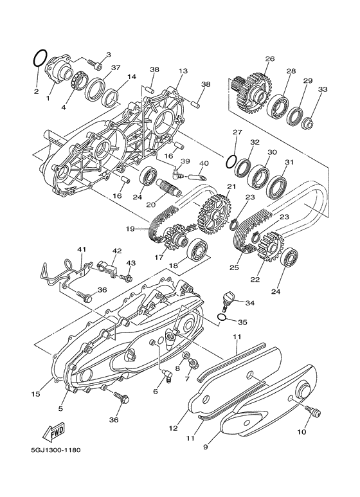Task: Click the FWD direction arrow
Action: point(54,432)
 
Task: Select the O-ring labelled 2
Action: point(40,58)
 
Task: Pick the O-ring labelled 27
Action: point(231,162)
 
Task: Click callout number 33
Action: point(322,89)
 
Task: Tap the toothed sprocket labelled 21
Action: point(215,215)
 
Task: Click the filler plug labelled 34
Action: point(227,301)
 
